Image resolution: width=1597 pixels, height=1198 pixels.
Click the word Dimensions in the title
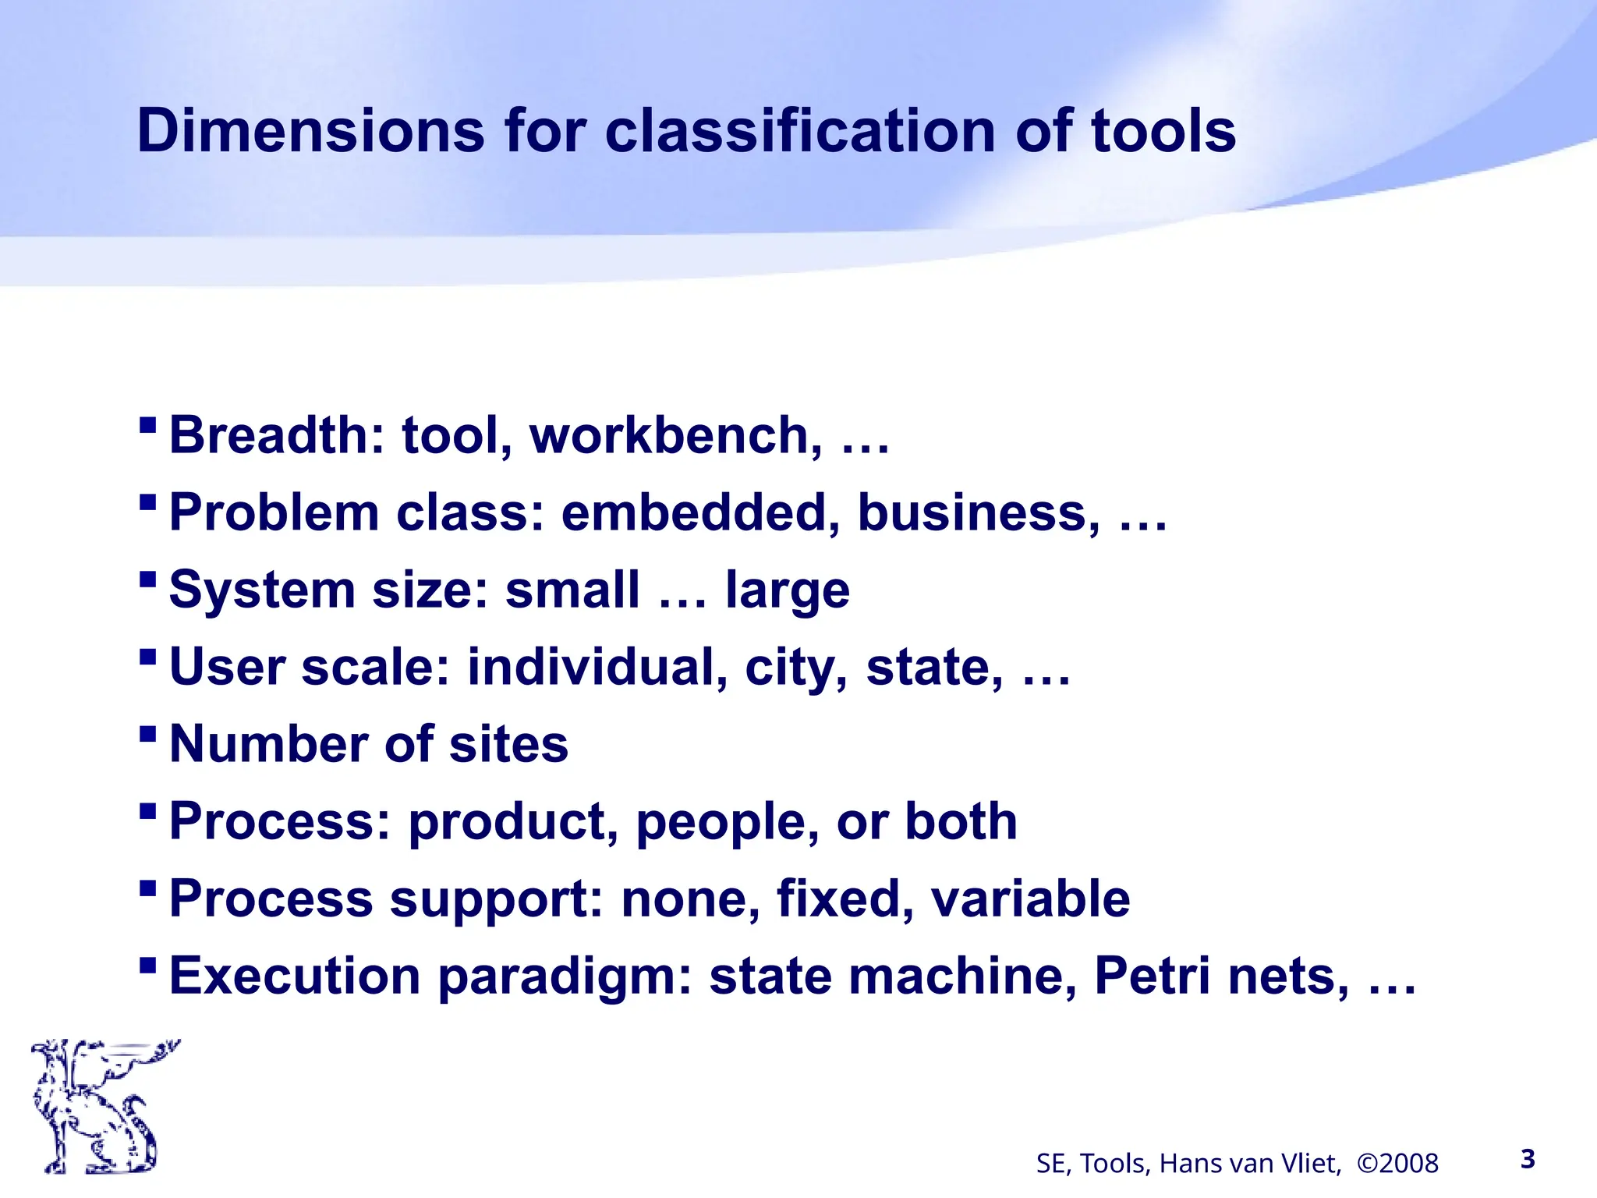click(310, 131)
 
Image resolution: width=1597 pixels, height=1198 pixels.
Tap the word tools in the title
click(1163, 131)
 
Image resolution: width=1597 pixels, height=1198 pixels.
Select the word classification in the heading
click(800, 131)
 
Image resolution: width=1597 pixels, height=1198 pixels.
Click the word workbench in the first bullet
click(675, 435)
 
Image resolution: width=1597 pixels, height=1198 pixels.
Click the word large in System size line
click(788, 590)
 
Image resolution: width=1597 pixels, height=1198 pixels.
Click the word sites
click(508, 744)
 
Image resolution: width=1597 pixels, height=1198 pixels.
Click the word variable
click(1030, 898)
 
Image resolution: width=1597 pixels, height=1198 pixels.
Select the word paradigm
click(565, 977)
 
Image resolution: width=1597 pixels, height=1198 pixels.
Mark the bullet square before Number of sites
click(147, 734)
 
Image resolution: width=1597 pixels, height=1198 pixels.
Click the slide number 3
click(1528, 1159)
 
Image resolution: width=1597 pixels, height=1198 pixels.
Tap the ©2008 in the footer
click(1397, 1164)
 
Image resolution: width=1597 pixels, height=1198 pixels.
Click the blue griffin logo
click(101, 1106)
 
